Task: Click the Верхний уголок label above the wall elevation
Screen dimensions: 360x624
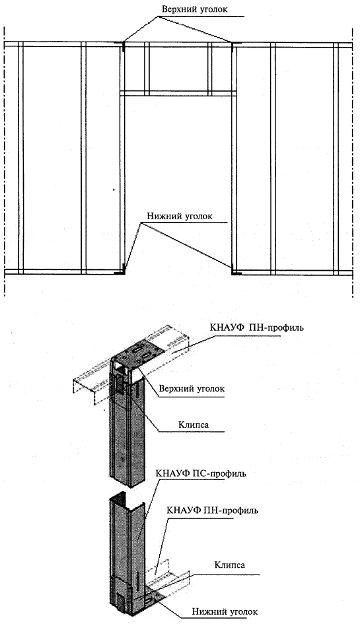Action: (x=195, y=9)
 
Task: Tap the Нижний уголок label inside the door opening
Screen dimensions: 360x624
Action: (x=180, y=217)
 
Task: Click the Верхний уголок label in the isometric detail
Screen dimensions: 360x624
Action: (x=192, y=389)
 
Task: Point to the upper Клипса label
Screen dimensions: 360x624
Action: (x=194, y=425)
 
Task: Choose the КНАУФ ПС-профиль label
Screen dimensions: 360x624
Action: (x=201, y=474)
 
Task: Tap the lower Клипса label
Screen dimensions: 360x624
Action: (x=230, y=565)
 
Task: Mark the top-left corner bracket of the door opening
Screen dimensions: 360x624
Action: (x=122, y=46)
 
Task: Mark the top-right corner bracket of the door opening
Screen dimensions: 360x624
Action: (x=233, y=46)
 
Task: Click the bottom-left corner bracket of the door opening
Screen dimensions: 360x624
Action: (x=121, y=271)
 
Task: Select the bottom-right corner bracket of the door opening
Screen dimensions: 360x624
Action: (x=234, y=271)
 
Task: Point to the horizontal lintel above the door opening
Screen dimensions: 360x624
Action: (x=178, y=94)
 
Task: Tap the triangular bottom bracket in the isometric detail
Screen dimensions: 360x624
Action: (x=151, y=598)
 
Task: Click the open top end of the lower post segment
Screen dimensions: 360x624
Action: (x=127, y=501)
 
